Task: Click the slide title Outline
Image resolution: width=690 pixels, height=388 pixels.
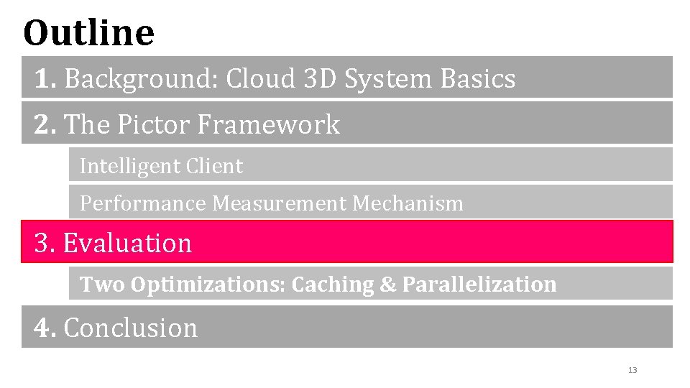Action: (x=88, y=32)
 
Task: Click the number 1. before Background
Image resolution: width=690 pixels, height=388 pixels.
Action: (x=45, y=79)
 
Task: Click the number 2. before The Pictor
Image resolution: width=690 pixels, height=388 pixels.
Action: (x=45, y=124)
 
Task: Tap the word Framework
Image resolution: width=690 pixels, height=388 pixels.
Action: (x=267, y=124)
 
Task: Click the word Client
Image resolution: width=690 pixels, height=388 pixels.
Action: (x=213, y=166)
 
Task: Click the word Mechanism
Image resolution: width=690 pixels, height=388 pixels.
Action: (x=408, y=203)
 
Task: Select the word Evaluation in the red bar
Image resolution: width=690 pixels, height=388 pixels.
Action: (x=127, y=243)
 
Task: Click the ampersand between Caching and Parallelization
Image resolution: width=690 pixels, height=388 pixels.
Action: (x=387, y=285)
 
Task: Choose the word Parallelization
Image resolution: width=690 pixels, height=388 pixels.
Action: (x=479, y=285)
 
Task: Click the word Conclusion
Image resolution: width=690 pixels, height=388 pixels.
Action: (x=130, y=328)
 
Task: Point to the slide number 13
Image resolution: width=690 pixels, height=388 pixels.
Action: (x=632, y=370)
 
